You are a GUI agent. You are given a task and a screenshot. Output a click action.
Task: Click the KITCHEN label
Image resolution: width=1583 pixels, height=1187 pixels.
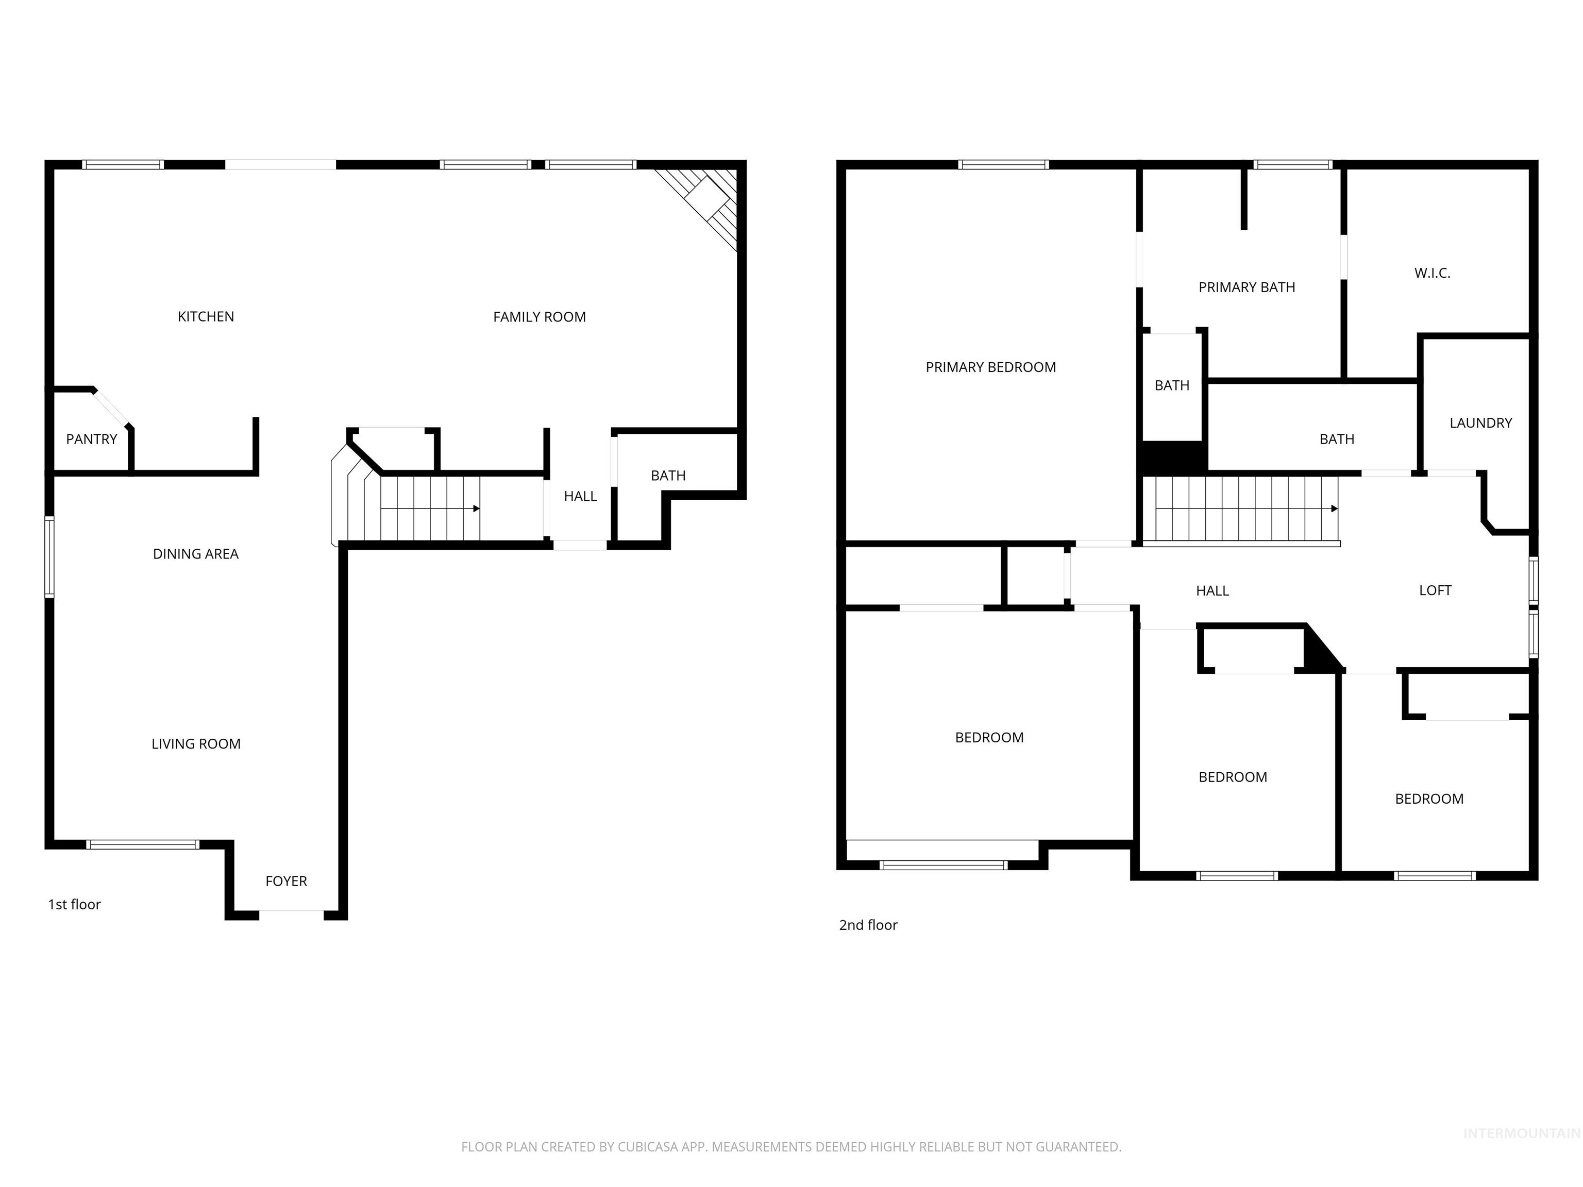pos(206,316)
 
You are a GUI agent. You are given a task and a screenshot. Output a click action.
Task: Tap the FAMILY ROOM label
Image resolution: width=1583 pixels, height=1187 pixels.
pos(539,317)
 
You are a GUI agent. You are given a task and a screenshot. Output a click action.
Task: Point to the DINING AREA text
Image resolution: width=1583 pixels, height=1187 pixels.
pos(195,554)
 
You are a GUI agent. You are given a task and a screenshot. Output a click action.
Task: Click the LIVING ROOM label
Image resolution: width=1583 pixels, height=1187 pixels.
pos(196,744)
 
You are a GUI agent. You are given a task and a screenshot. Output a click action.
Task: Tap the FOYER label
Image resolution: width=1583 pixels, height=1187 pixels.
pos(287,881)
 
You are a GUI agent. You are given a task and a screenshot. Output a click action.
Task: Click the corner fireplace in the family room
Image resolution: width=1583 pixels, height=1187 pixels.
pos(702,204)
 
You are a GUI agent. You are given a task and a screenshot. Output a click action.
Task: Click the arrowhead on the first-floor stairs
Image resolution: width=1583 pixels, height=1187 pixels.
pos(477,508)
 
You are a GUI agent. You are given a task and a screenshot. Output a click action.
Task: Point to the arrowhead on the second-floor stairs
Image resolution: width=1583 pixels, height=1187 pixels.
pos(1334,508)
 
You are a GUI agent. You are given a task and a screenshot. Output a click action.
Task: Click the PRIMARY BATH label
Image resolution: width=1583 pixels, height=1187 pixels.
pos(1247,287)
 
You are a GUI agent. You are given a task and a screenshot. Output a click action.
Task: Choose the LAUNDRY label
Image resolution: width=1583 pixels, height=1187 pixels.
pos(1480,423)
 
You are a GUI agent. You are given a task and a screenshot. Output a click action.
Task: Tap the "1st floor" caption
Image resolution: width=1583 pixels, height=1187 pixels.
pos(74,904)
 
